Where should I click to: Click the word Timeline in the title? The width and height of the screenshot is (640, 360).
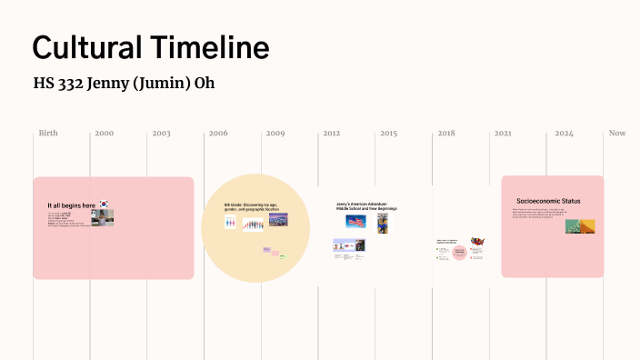click(211, 47)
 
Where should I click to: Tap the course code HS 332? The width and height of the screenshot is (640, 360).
click(55, 84)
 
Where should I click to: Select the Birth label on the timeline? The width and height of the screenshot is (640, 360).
click(48, 134)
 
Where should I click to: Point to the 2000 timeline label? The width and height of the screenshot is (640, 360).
click(104, 134)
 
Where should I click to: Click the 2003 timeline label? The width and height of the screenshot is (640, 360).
click(161, 134)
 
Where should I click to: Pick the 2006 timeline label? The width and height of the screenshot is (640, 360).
click(218, 134)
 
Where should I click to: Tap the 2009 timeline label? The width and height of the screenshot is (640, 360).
click(275, 134)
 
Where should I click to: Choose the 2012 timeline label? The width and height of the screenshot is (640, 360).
click(332, 134)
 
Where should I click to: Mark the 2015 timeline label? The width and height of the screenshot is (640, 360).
click(388, 134)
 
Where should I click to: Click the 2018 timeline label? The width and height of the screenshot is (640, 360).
click(445, 134)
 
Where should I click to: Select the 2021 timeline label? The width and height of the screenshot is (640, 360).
click(503, 134)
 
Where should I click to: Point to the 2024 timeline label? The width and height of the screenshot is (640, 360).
click(564, 134)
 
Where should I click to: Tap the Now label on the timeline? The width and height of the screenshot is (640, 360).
click(617, 134)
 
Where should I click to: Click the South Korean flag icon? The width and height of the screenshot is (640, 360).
click(105, 205)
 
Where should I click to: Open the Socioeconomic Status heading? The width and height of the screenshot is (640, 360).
click(548, 201)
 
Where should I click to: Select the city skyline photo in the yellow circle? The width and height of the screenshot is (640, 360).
click(277, 219)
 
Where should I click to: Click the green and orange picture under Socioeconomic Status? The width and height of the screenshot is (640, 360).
click(580, 225)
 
